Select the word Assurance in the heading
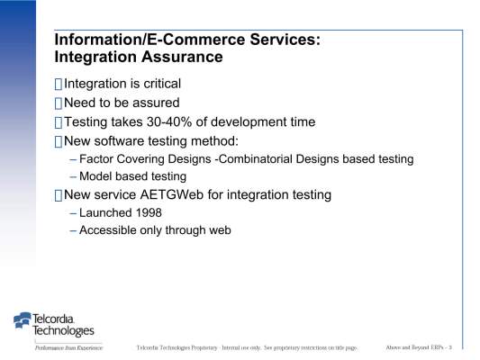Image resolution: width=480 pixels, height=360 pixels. coord(182,57)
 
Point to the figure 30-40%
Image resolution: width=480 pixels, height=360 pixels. coord(169,122)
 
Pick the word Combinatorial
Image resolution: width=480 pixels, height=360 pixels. coord(255,159)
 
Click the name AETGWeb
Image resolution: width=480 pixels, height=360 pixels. coord(172,194)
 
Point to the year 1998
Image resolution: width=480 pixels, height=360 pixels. coord(149,213)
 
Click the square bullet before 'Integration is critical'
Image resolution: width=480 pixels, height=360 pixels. coord(59,84)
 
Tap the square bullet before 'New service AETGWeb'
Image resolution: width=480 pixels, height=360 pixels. coord(59,195)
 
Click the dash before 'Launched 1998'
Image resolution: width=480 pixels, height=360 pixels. coord(73,213)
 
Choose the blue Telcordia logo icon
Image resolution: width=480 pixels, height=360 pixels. coord(23,319)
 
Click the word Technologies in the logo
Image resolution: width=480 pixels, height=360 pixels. coord(63,330)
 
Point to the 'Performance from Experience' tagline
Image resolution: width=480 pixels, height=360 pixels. coord(68,347)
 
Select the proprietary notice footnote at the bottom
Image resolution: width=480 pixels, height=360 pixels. coord(247,347)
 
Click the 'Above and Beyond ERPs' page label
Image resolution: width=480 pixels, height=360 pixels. coord(419,347)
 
